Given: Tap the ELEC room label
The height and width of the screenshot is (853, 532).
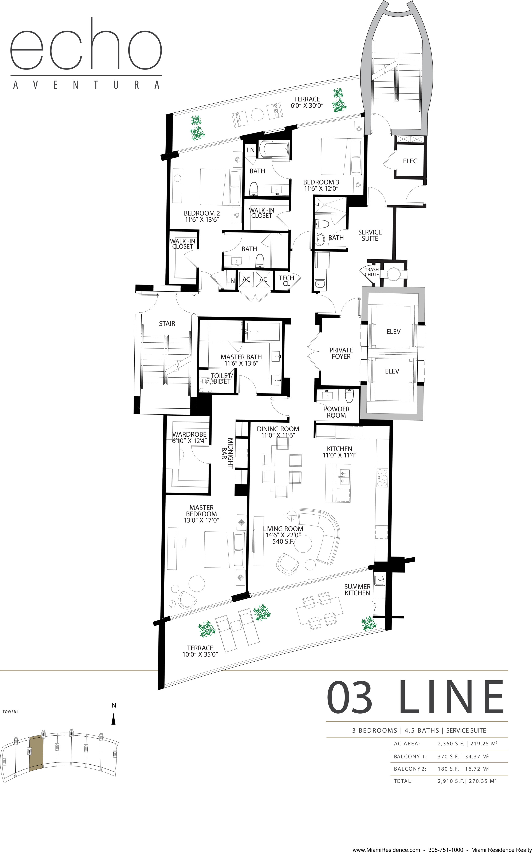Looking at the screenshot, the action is (x=410, y=161).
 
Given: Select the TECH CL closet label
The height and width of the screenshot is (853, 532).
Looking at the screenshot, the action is (x=286, y=281).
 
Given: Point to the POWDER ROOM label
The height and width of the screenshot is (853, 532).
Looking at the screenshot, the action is (x=336, y=412).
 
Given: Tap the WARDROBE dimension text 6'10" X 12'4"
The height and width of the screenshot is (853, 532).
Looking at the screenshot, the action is (x=189, y=441).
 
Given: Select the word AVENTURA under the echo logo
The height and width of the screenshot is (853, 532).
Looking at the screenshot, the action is (x=86, y=85).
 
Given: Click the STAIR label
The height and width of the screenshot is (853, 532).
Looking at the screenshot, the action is (x=167, y=323).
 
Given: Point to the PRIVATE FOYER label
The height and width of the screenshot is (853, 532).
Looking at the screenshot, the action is (x=341, y=353).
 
